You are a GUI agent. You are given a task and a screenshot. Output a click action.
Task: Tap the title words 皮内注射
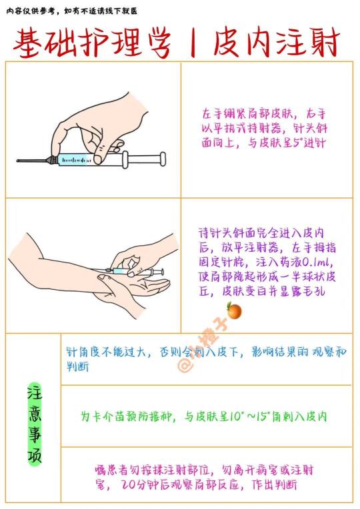(x=277, y=43)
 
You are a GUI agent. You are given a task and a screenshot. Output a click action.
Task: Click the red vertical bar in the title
(x=193, y=43)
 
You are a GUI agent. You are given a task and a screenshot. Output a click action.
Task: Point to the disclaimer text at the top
(x=72, y=11)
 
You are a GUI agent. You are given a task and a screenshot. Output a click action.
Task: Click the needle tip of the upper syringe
(x=17, y=161)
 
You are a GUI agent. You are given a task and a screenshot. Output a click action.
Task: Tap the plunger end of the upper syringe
(x=163, y=159)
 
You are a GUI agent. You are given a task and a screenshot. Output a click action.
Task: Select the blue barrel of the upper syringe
(x=76, y=159)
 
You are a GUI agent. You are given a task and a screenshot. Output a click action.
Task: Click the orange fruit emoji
(x=234, y=310)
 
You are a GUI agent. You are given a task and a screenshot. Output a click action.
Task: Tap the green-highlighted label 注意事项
(x=35, y=424)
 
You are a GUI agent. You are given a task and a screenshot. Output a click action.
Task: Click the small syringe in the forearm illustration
(x=130, y=271)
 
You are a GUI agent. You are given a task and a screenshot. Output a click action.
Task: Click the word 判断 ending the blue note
(x=77, y=367)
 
